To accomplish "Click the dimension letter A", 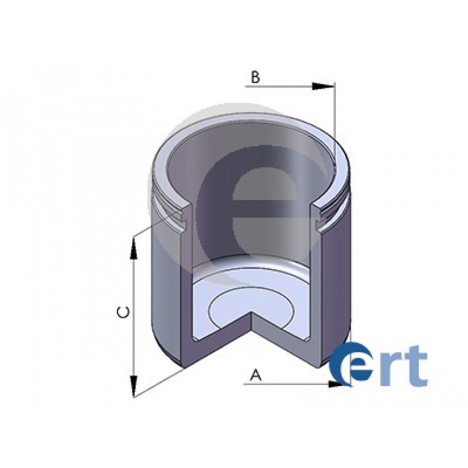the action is click(256, 375).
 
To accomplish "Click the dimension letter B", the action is click(255, 78).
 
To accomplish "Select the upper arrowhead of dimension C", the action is click(133, 248).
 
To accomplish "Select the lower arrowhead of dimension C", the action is click(133, 386).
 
